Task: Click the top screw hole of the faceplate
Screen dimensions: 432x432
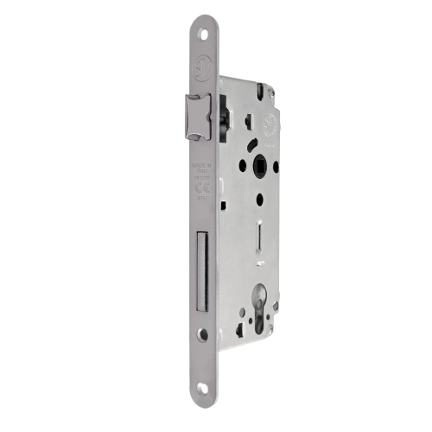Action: click(203, 33)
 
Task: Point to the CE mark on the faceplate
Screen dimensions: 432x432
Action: click(200, 194)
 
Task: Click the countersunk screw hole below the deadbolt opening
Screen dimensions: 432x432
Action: click(202, 334)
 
